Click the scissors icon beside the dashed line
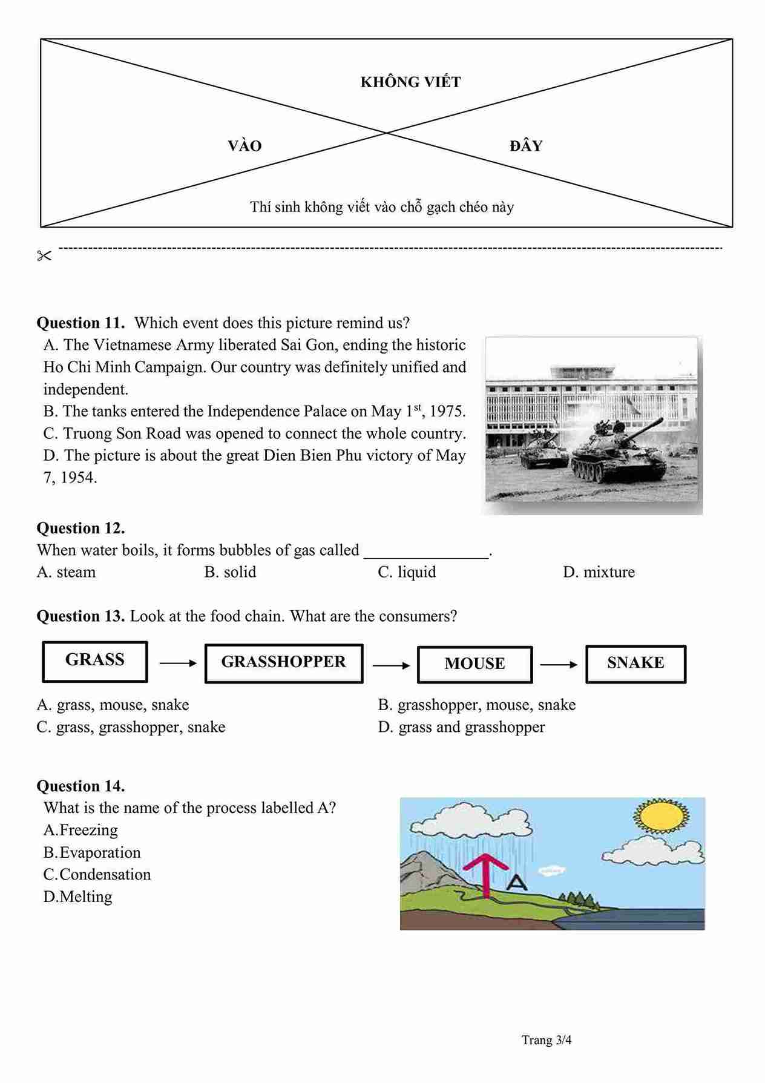[44, 256]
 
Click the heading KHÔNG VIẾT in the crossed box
[410, 82]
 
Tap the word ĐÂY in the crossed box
[526, 146]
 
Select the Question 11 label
[80, 323]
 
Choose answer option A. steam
[67, 572]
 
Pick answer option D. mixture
[599, 572]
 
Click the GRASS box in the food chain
[95, 661]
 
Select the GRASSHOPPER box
[284, 663]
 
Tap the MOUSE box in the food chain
[474, 664]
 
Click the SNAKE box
[635, 663]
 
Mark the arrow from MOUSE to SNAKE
[559, 665]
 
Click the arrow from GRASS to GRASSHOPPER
[178, 663]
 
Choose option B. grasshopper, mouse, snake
[477, 705]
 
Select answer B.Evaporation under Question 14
[92, 852]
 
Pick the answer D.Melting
[78, 897]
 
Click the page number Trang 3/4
[547, 1040]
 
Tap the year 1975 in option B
[447, 412]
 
